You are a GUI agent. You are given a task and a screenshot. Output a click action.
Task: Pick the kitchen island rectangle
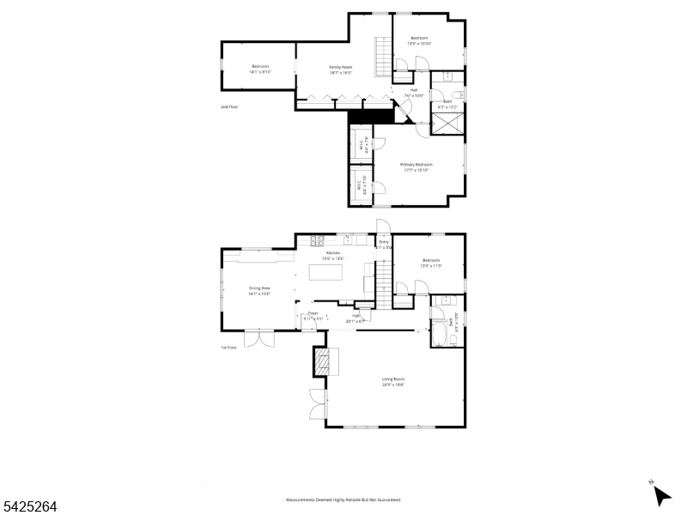point(325,274)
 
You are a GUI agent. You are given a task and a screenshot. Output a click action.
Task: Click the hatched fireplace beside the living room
point(321,362)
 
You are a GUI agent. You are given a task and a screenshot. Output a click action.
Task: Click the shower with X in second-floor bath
point(448,123)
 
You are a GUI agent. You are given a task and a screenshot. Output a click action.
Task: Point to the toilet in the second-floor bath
point(459,94)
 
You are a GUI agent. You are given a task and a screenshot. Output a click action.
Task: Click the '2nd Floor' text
point(228,107)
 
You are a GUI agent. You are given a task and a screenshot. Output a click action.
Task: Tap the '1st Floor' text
point(228,348)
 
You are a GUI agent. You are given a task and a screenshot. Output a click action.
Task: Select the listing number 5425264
point(29,507)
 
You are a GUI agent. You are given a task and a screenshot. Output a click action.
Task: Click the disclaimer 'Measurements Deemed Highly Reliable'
point(343,500)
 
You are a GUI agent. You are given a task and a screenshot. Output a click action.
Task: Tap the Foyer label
point(313,314)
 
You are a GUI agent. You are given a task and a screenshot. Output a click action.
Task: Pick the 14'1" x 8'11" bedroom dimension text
point(260,72)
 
